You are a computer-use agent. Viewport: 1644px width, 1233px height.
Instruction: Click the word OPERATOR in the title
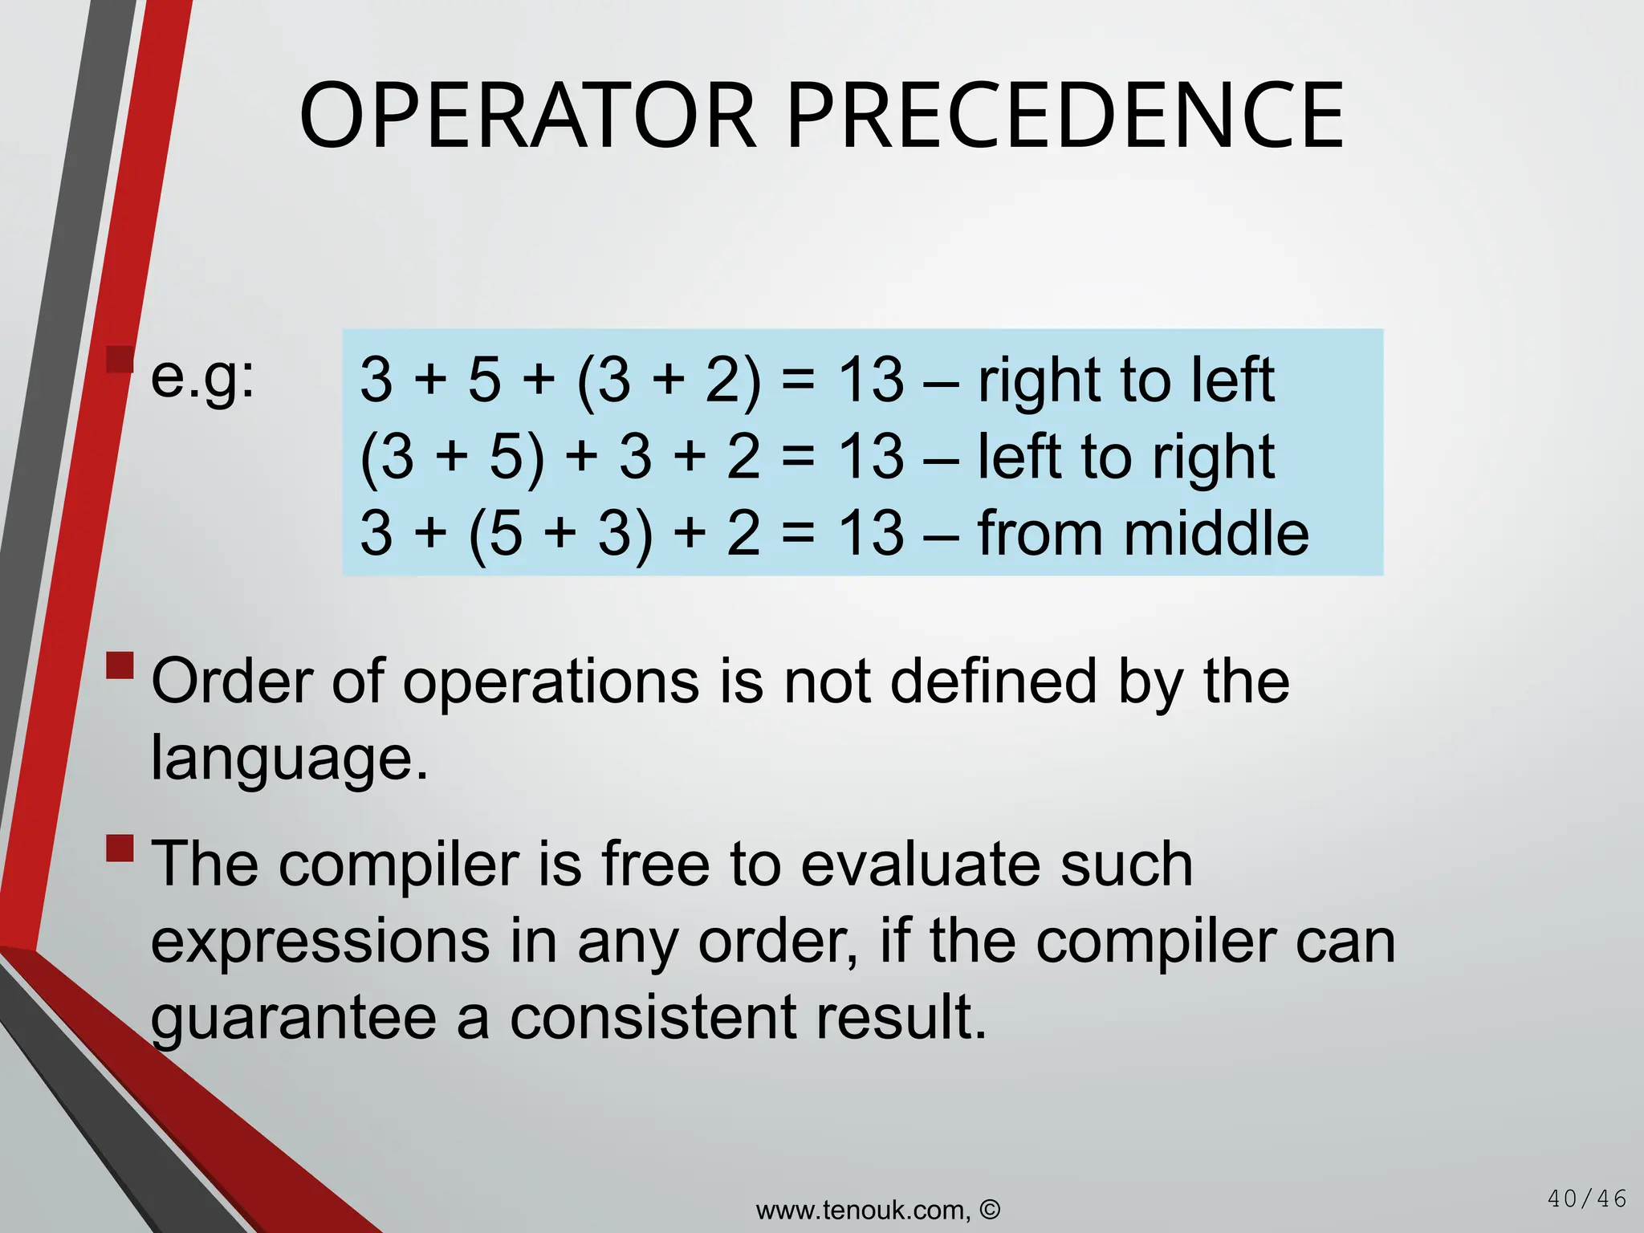(527, 116)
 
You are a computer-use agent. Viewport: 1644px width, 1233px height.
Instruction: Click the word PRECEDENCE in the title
(1065, 116)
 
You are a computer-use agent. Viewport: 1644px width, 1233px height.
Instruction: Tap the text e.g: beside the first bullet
(202, 377)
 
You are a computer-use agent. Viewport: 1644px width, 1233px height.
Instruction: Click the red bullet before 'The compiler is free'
(120, 848)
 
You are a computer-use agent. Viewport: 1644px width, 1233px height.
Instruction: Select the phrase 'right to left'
(1125, 380)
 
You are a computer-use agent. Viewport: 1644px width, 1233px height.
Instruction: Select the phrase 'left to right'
(1125, 457)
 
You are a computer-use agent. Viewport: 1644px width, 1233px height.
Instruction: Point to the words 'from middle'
(1143, 534)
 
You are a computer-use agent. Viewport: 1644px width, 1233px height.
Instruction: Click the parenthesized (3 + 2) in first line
(668, 380)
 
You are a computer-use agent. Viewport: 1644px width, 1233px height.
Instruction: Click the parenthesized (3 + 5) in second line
(452, 457)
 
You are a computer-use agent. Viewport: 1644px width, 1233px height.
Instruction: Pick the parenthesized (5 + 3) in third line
(560, 534)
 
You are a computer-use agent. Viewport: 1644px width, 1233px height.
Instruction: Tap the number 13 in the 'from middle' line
(871, 534)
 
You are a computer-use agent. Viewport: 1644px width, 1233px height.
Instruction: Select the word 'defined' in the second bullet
(994, 682)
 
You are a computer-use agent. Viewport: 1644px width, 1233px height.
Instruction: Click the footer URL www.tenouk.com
(863, 1210)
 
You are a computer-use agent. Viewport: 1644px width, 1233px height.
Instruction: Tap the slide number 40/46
(1586, 1199)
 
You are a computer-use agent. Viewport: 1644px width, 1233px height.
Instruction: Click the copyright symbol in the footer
(991, 1209)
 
